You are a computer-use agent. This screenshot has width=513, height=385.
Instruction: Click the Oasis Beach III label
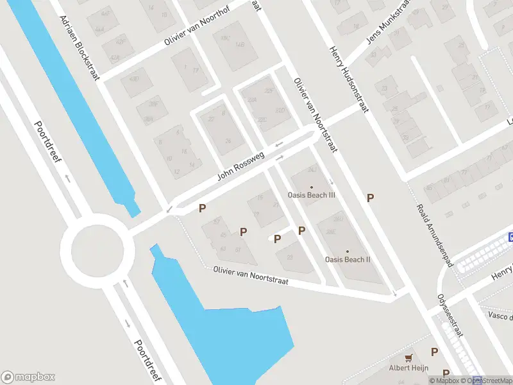pyautogui.click(x=312, y=195)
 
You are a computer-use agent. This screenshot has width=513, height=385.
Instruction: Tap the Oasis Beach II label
pyautogui.click(x=348, y=260)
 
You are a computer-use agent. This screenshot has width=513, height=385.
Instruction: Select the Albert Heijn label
pyautogui.click(x=408, y=368)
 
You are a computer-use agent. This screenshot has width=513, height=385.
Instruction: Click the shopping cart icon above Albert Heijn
pyautogui.click(x=408, y=357)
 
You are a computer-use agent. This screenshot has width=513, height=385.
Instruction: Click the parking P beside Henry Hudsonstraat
pyautogui.click(x=370, y=198)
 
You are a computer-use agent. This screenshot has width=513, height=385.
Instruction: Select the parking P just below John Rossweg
pyautogui.click(x=203, y=208)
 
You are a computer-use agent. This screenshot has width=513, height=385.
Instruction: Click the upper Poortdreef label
pyautogui.click(x=47, y=142)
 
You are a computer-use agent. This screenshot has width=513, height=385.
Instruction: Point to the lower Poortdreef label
pyautogui.click(x=146, y=360)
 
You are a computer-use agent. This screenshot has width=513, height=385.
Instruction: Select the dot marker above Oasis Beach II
pyautogui.click(x=348, y=252)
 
